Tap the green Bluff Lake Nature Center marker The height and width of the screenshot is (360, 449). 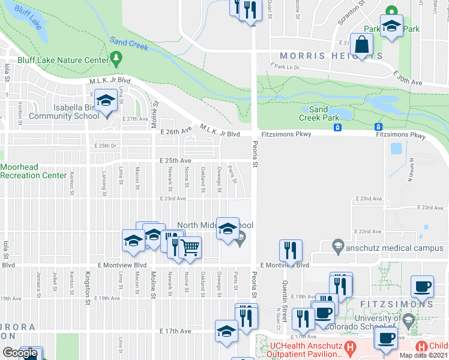(x=116, y=59)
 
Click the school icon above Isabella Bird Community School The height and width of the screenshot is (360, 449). (x=106, y=100)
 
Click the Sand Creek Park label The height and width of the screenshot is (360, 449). (x=318, y=113)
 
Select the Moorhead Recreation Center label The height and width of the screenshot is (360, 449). (x=33, y=171)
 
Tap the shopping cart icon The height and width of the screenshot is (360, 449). (x=190, y=246)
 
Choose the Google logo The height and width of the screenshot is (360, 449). (x=20, y=353)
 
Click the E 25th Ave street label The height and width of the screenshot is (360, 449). (x=175, y=161)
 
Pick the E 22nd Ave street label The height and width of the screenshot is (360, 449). (x=368, y=231)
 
